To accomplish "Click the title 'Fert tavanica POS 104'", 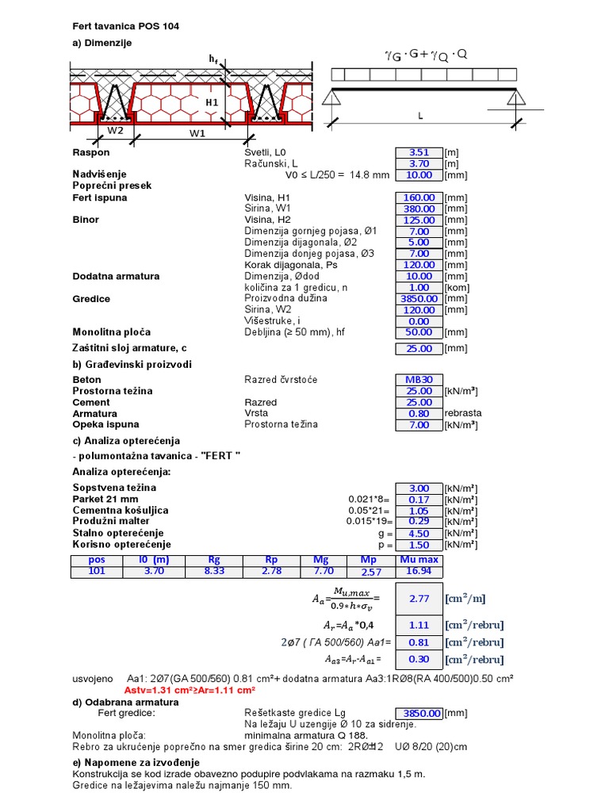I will (x=125, y=26).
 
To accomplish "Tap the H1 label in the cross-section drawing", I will (x=212, y=102).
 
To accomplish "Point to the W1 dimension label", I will (x=197, y=133).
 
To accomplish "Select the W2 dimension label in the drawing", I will (x=116, y=130).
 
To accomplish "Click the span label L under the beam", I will (x=420, y=116).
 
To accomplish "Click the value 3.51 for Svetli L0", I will (x=419, y=152).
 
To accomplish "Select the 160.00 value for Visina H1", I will (x=419, y=197).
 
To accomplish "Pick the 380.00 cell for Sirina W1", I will (x=419, y=209).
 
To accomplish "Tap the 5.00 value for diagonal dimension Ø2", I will (x=419, y=243).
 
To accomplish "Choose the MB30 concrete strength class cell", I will (x=419, y=380).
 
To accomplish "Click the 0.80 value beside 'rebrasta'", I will (x=419, y=413).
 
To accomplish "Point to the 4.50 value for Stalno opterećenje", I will (x=419, y=534).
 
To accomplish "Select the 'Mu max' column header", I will (x=419, y=560).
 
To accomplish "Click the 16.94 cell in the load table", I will (x=419, y=571).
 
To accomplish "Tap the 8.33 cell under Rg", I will (x=213, y=571).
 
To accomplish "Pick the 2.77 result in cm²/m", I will (x=419, y=599).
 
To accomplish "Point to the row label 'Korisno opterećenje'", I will (x=121, y=545).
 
